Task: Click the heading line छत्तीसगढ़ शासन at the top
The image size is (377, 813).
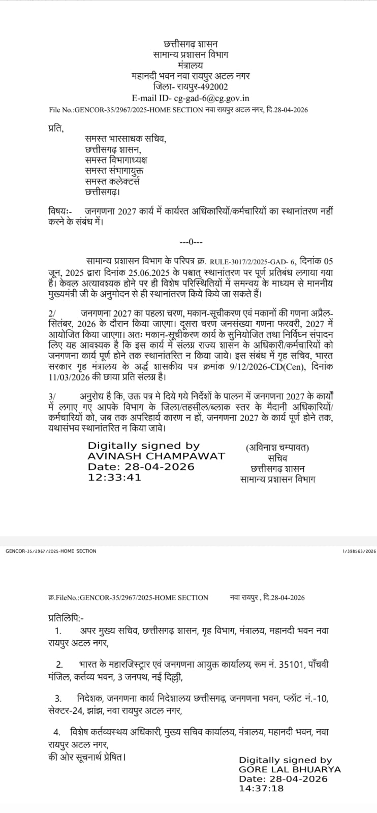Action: [190, 44]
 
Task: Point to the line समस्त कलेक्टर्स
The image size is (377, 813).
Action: [112, 181]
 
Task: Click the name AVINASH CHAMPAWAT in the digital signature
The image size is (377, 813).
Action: [155, 455]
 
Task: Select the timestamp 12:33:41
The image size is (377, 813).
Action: [114, 477]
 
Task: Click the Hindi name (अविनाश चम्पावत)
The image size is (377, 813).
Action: [277, 447]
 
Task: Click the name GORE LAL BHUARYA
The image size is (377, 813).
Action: [290, 769]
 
